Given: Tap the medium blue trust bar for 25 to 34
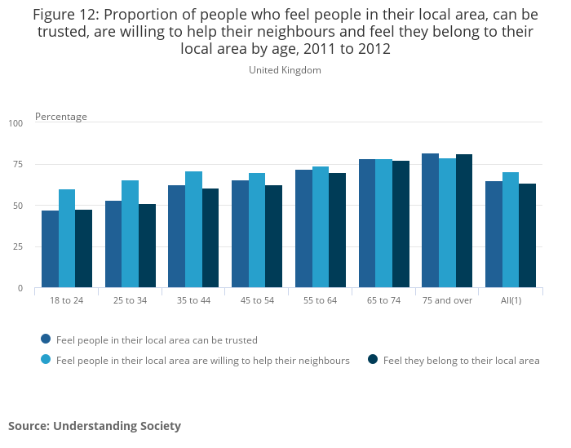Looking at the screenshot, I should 113,244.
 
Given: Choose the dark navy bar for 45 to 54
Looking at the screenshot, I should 273,236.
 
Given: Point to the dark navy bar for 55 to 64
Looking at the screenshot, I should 337,230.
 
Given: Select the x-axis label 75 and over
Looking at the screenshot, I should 448,300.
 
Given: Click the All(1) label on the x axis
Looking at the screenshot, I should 511,300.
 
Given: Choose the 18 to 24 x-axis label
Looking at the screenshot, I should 67,300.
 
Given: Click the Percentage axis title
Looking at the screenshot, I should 61,117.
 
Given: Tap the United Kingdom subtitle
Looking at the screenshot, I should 285,70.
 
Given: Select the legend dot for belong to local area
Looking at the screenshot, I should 372,359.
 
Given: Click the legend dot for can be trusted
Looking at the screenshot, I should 46,339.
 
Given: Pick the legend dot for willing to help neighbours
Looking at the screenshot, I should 46,359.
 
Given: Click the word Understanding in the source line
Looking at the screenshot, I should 97,426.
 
